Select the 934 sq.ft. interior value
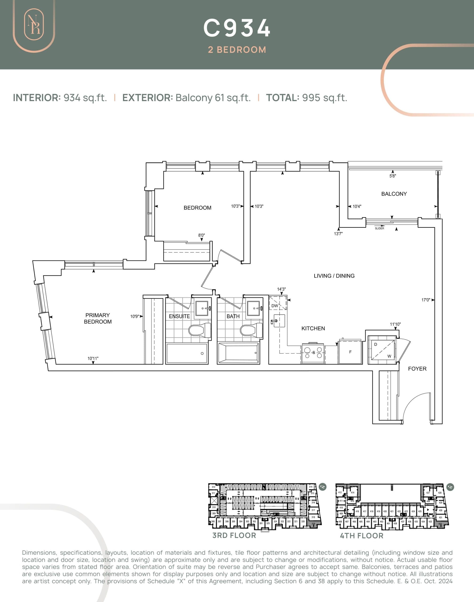pos(85,98)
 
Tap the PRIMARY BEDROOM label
pos(98,318)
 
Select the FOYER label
pos(417,369)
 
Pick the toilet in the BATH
pos(251,330)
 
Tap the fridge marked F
pos(350,352)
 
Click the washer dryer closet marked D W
pos(382,350)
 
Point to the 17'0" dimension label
pos(426,300)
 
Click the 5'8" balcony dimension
pos(392,176)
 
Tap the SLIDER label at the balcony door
pos(379,228)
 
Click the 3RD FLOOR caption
pos(234,535)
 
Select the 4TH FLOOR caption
pos(361,536)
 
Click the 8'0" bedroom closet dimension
pos(201,235)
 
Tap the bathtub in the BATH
pos(239,353)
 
